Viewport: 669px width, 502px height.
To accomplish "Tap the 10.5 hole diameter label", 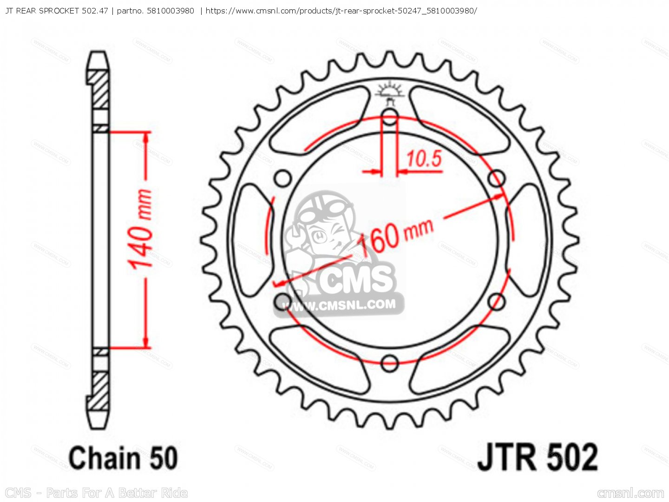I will point(424,159).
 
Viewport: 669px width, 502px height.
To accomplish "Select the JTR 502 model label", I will point(538,457).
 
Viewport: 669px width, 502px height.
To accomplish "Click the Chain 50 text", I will point(123,457).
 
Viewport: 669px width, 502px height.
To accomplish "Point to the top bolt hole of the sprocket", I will point(390,117).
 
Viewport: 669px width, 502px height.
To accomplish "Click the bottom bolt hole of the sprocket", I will point(390,363).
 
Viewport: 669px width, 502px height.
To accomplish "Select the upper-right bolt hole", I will point(497,178).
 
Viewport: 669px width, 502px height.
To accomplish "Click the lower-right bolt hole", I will point(497,302).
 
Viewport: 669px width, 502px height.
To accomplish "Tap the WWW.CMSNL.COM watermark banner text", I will point(339,305).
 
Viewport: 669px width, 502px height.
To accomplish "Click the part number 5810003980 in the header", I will point(170,10).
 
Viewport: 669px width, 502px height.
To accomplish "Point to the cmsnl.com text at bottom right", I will point(630,493).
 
